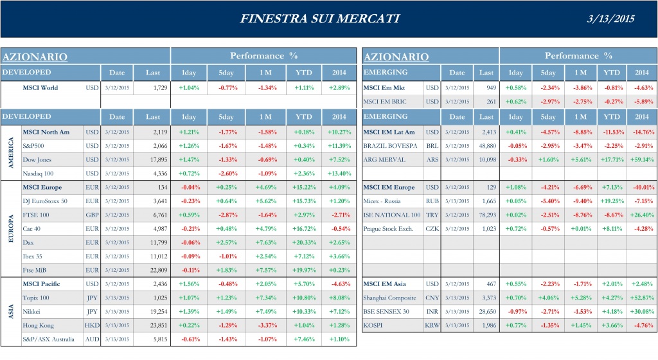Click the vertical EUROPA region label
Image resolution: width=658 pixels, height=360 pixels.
[10, 229]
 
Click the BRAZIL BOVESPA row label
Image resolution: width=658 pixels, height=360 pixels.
[392, 146]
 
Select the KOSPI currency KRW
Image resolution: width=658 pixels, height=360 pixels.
[432, 325]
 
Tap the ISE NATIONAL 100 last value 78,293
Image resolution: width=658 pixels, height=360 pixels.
[485, 215]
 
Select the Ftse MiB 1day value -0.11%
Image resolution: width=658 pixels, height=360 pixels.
[189, 270]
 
